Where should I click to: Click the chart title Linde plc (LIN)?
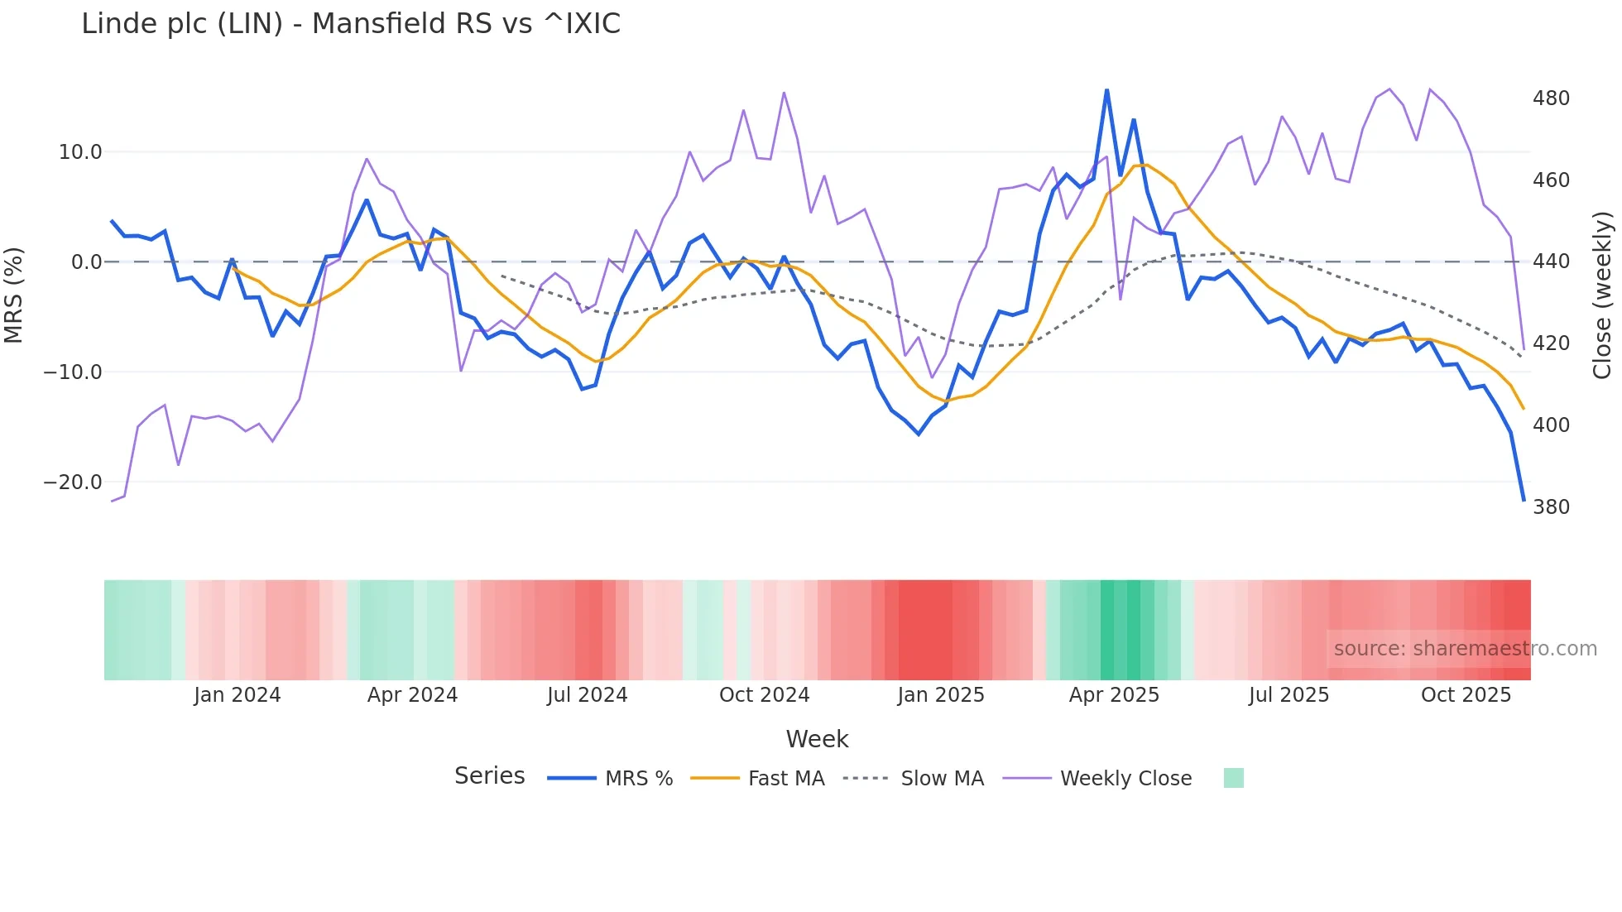coord(351,24)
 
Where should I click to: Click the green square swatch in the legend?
coord(1233,778)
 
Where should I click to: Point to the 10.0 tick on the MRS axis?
coord(80,152)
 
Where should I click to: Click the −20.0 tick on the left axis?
coord(74,482)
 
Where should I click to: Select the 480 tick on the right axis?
coord(1551,98)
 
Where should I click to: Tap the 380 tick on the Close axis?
coord(1551,507)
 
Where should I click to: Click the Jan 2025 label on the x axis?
coord(941,695)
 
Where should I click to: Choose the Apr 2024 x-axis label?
coord(412,695)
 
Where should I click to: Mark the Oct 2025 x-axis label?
coord(1466,695)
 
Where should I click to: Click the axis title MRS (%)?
coord(14,295)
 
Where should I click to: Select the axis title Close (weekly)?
coord(1603,295)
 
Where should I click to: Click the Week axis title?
coord(817,739)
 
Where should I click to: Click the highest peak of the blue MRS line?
coord(1106,90)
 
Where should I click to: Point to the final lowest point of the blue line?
coord(1524,500)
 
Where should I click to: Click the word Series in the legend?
coord(489,776)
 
